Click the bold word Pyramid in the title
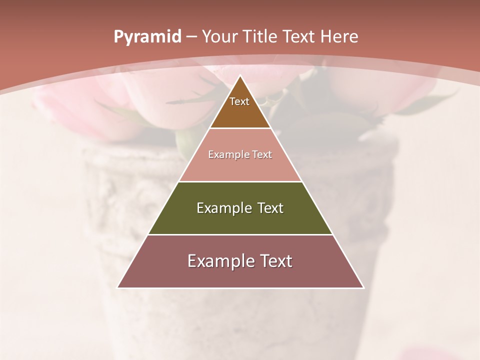pyautogui.click(x=147, y=37)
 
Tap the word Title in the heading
pyautogui.click(x=260, y=36)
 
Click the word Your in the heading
pyautogui.click(x=219, y=36)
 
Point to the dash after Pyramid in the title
pyautogui.click(x=191, y=37)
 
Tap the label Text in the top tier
pyautogui.click(x=239, y=101)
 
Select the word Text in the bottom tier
pyautogui.click(x=272, y=261)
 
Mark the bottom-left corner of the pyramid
pyautogui.click(x=118, y=287)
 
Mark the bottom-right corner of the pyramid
pyautogui.click(x=363, y=287)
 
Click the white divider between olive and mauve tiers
pyautogui.click(x=240, y=234)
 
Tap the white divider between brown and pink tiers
pyautogui.click(x=240, y=128)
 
